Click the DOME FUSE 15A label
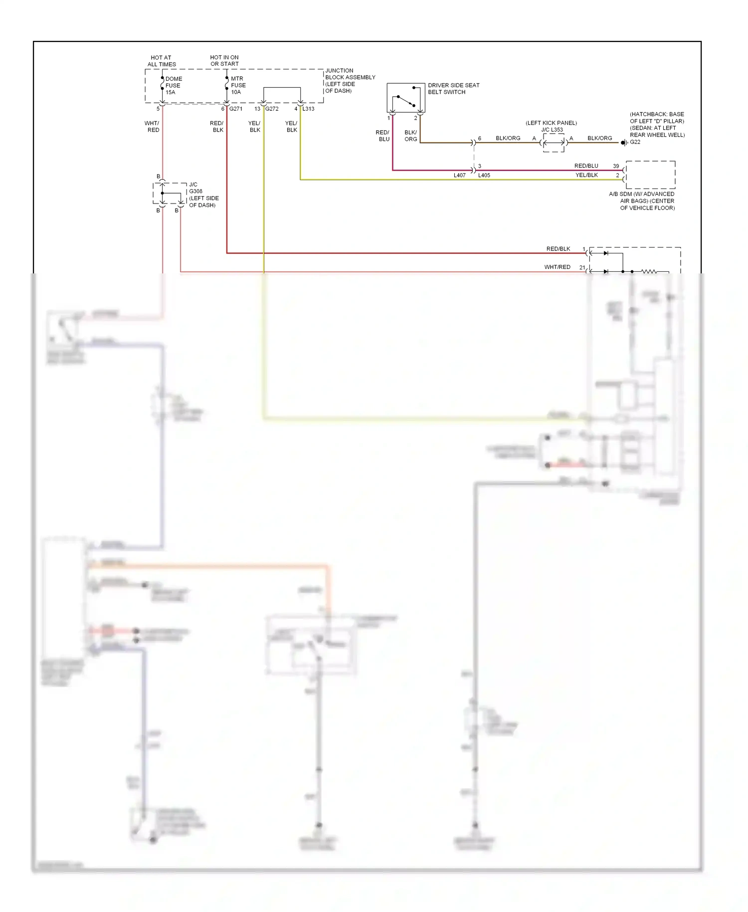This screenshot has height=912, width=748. pyautogui.click(x=173, y=85)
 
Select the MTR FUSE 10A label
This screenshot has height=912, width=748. pyautogui.click(x=238, y=85)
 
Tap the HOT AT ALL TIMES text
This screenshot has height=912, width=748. pyautogui.click(x=162, y=61)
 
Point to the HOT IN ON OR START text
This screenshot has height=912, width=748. pyautogui.click(x=224, y=60)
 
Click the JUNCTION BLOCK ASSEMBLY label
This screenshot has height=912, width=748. pyautogui.click(x=350, y=80)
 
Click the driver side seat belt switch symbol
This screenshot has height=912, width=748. pyautogui.click(x=405, y=98)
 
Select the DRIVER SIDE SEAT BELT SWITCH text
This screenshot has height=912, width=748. pyautogui.click(x=453, y=88)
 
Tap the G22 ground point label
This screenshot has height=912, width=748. pyautogui.click(x=635, y=142)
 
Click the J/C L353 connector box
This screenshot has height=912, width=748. pyautogui.click(x=554, y=143)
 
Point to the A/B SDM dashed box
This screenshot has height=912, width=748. pyautogui.click(x=650, y=175)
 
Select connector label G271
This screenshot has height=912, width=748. pyautogui.click(x=236, y=109)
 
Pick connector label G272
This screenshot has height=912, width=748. pyautogui.click(x=272, y=109)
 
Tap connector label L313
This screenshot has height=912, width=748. pyautogui.click(x=308, y=109)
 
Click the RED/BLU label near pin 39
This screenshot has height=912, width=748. pyautogui.click(x=586, y=166)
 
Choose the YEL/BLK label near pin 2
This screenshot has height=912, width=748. pyautogui.click(x=586, y=175)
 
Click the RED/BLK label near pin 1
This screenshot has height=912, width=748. pyautogui.click(x=558, y=249)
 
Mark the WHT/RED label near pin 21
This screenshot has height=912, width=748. pyautogui.click(x=557, y=267)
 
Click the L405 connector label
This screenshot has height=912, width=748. pyautogui.click(x=484, y=176)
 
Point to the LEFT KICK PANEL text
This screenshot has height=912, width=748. pyautogui.click(x=551, y=123)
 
